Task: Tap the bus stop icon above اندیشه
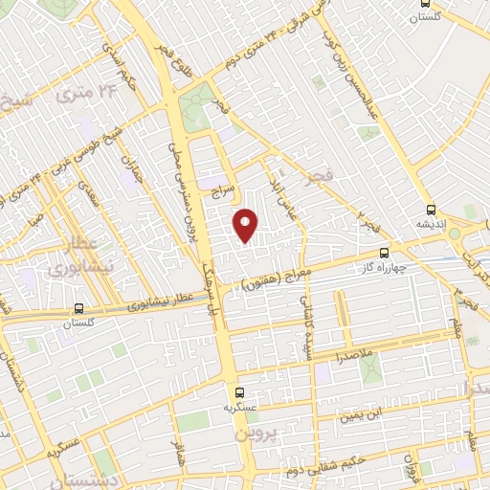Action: [430, 210]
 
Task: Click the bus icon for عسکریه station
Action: [239, 392]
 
